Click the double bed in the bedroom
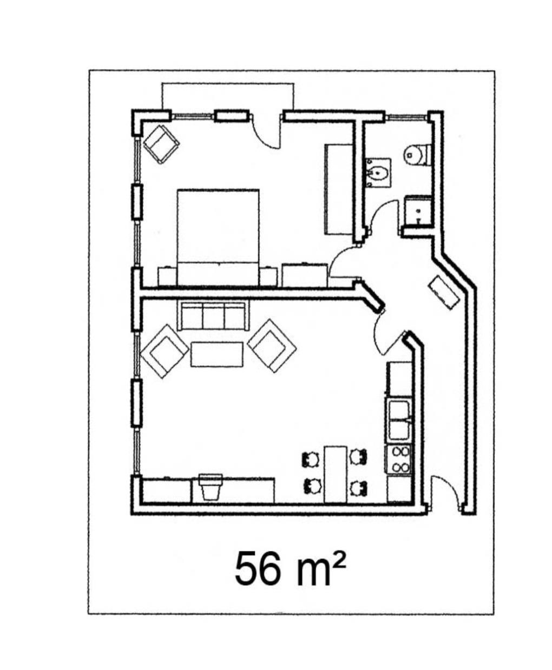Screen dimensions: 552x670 (218, 237)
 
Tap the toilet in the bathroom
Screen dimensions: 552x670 (417, 155)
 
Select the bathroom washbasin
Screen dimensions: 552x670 (378, 173)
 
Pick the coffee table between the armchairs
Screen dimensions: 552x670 (216, 354)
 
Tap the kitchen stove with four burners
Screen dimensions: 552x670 (399, 460)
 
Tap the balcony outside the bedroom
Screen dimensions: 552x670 (227, 96)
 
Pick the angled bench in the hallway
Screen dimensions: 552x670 (444, 292)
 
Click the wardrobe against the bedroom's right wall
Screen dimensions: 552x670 (339, 189)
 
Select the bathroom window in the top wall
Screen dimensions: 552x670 (406, 117)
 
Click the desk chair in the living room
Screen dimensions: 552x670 (210, 487)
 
